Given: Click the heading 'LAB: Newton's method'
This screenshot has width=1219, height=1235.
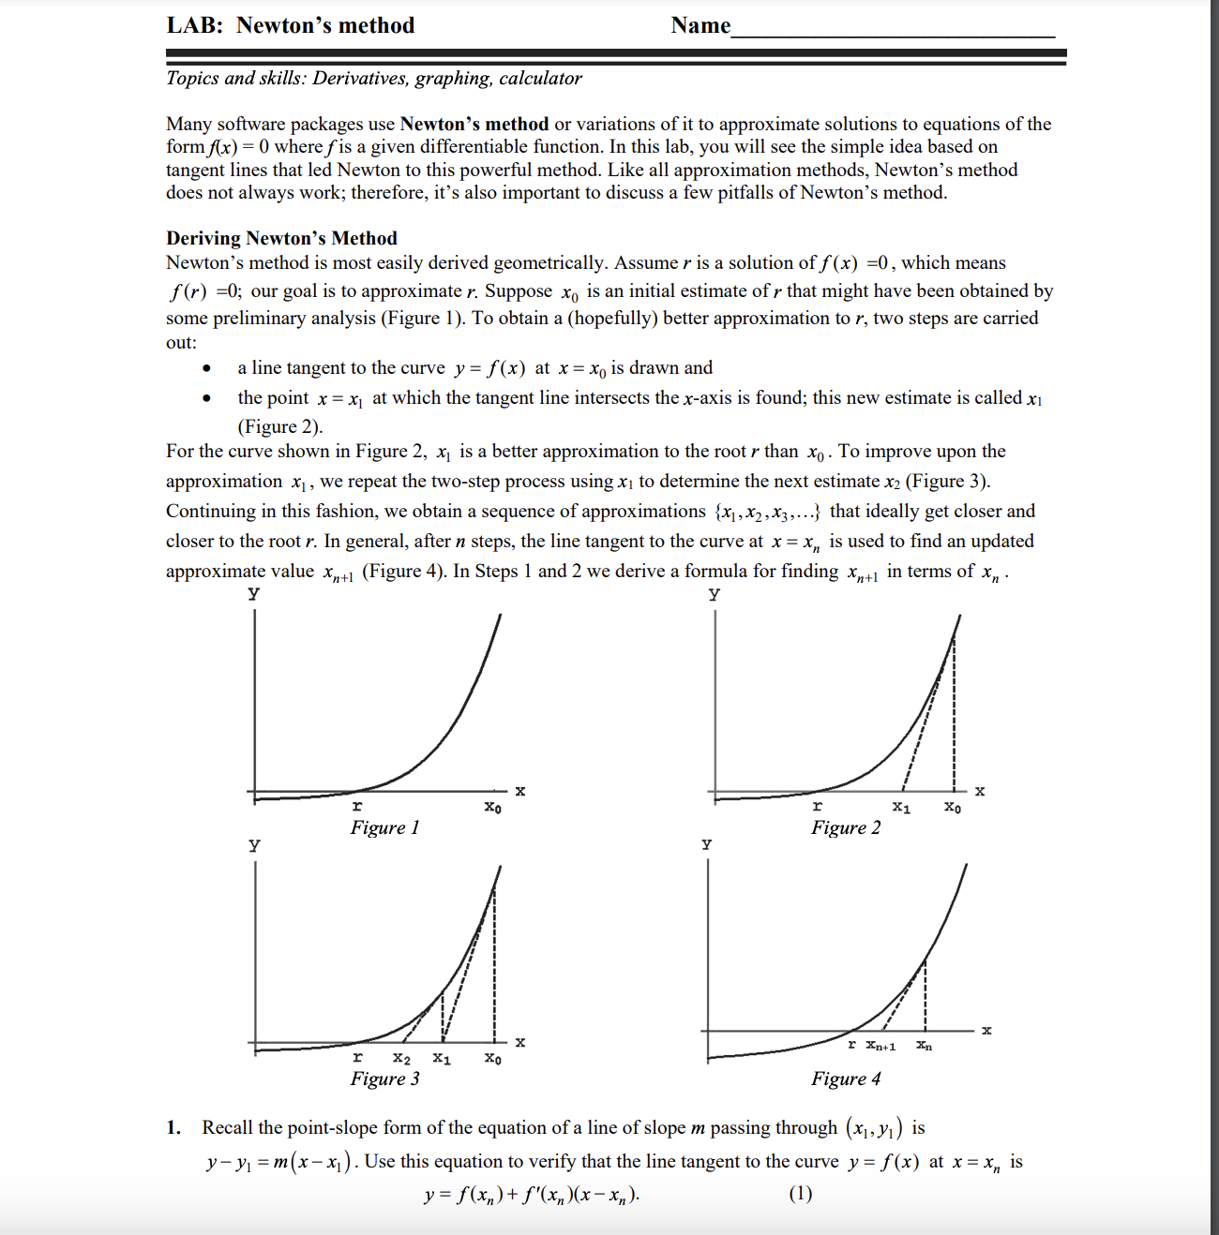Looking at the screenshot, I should coord(291,25).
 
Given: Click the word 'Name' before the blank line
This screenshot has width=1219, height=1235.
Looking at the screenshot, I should coord(700,25).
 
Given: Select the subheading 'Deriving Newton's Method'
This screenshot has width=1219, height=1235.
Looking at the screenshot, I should coord(281,238).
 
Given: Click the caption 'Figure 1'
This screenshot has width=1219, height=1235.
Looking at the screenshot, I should coord(384,827).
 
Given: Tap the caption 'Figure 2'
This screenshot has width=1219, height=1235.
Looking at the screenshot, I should coord(846,827).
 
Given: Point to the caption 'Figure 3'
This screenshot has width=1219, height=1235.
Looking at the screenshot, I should coord(384,1079).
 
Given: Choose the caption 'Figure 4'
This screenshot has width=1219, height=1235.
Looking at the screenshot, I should coord(846,1079).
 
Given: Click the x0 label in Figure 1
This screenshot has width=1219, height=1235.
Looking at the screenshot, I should coord(492,807).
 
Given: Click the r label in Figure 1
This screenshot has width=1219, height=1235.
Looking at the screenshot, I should coord(357,806).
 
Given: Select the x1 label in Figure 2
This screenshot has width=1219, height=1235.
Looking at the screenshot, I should coord(901,807).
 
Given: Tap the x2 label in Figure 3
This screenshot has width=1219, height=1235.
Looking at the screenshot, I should coord(401,1059).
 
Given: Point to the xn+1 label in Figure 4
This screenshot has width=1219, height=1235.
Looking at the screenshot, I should coord(880,1046).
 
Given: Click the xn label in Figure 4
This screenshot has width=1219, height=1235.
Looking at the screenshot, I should coord(925,1046).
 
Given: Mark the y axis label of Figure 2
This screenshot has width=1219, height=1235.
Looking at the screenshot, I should coord(715,593).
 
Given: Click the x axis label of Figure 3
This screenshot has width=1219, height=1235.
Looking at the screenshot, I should coord(520,1042).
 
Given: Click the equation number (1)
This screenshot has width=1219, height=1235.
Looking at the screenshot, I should coord(800,1194).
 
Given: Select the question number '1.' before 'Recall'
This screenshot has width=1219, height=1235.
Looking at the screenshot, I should coord(173,1128).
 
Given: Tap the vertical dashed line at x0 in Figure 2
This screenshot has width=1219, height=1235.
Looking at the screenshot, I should coord(954,712).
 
